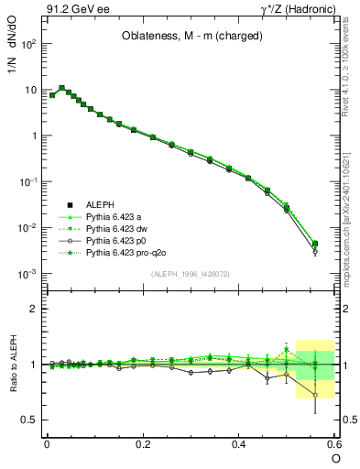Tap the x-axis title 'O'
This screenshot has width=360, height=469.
tap(335, 458)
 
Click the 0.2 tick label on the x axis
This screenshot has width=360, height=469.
tap(143, 443)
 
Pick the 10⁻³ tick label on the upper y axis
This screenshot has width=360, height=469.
tap(27, 274)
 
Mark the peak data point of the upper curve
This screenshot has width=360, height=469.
tap(62, 88)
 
